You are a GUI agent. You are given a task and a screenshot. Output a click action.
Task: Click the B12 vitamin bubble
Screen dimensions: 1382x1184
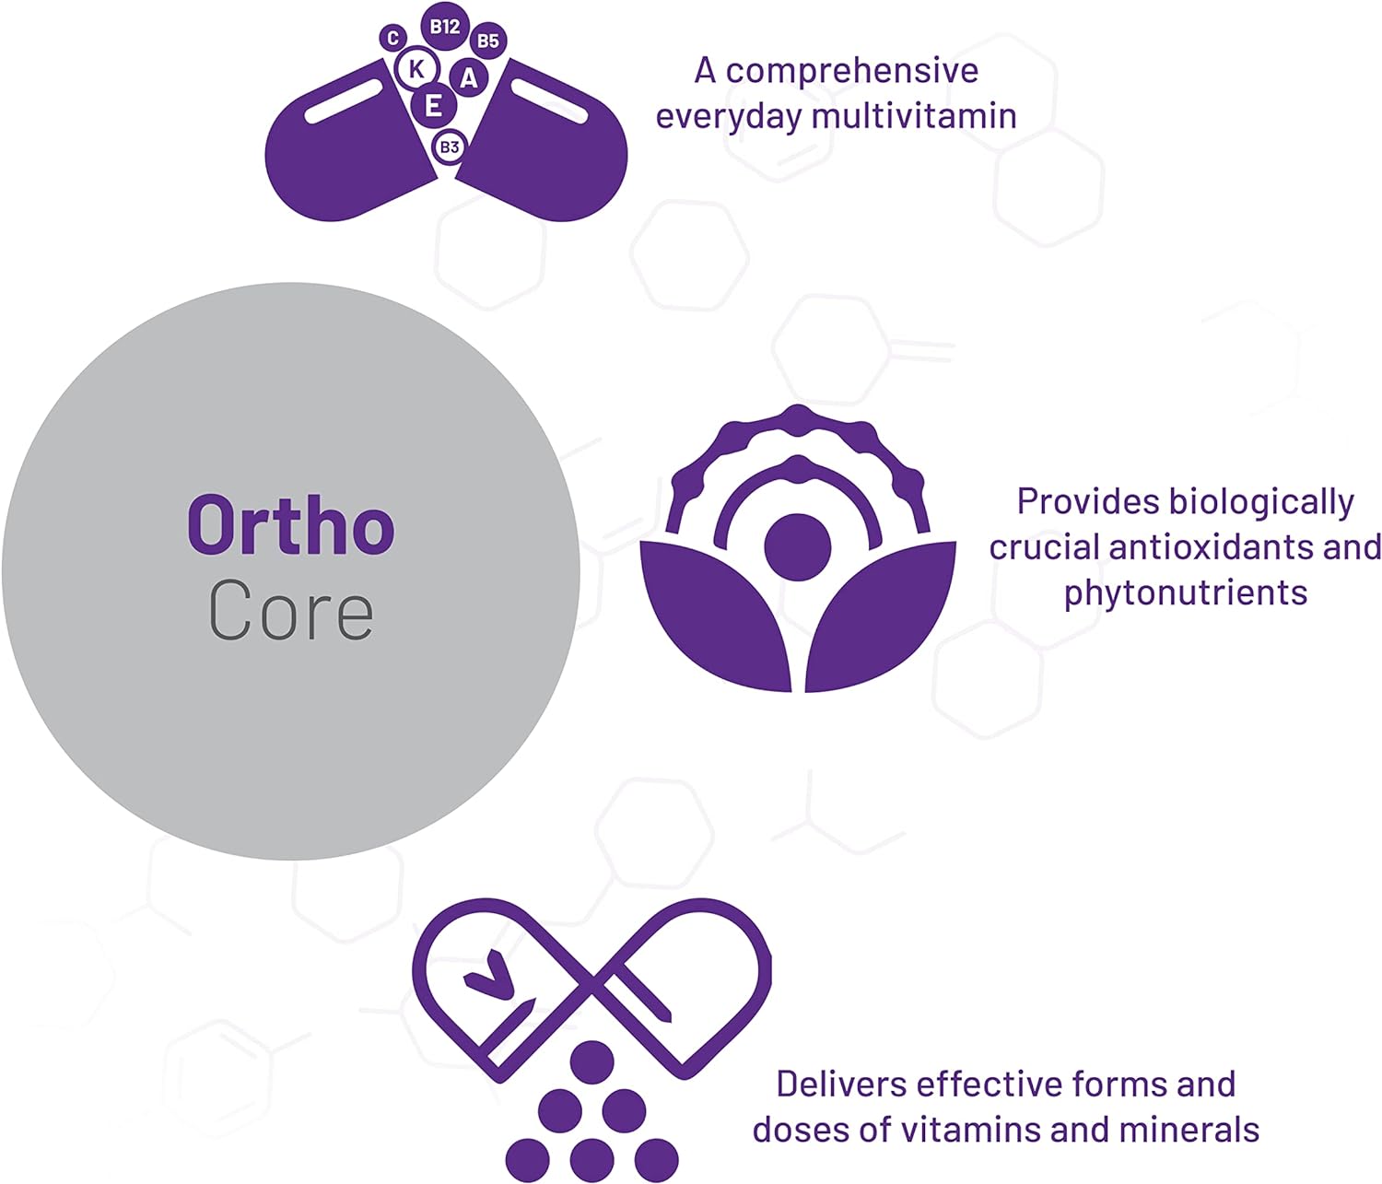point(445,26)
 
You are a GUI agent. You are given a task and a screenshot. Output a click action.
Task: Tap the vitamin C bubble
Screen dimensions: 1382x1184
point(393,38)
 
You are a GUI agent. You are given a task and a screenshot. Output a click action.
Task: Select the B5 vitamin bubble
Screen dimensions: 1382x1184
point(488,41)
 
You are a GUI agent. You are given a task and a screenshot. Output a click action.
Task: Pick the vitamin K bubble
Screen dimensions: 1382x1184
point(416,69)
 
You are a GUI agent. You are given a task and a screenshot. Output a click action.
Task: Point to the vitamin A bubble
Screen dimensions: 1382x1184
point(469,78)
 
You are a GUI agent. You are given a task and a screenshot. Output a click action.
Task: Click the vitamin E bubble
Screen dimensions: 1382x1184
point(433,106)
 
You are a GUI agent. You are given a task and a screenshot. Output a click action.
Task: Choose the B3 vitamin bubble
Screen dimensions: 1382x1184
point(450,147)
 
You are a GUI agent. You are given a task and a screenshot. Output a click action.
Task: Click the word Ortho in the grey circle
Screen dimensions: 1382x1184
point(291,525)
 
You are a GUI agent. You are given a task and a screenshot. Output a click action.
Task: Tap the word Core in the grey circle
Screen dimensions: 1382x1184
point(291,610)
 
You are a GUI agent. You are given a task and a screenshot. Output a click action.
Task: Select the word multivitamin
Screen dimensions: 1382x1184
point(914,116)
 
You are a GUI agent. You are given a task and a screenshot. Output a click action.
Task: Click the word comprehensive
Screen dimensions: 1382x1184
point(852,72)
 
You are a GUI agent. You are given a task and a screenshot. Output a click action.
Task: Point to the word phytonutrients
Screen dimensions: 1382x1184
point(1186,593)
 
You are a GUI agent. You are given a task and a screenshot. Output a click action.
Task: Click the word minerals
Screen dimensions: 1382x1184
point(1189,1130)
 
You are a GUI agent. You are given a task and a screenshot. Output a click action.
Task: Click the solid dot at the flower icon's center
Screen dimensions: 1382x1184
point(798,547)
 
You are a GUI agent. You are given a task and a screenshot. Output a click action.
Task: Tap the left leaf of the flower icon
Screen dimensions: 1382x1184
point(715,615)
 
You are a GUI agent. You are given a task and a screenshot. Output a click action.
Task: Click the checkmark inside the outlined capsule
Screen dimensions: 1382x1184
point(490,975)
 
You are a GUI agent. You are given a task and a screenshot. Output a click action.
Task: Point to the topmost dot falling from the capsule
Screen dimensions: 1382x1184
point(591,1061)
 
